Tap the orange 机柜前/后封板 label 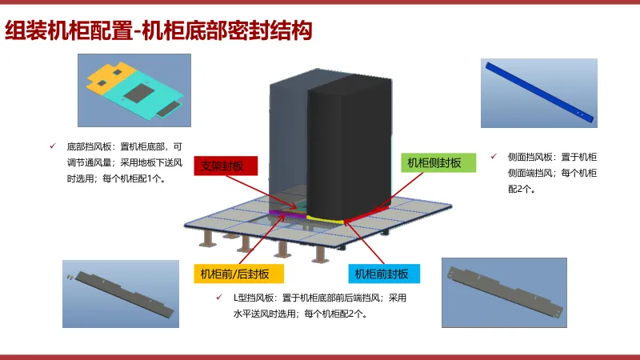coord(238,274)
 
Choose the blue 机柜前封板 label coord(384,274)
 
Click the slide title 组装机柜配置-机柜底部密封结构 coord(158,31)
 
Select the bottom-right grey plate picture coord(504,292)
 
